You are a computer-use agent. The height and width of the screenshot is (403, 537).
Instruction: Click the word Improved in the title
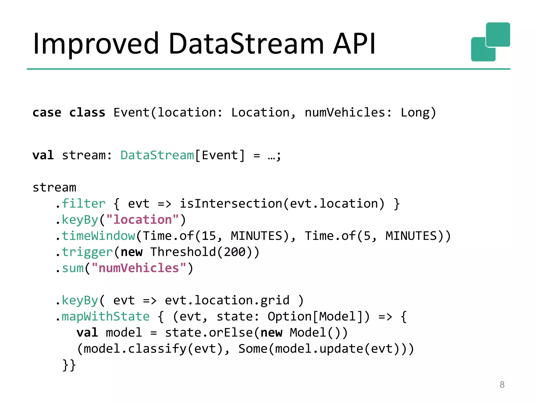click(96, 44)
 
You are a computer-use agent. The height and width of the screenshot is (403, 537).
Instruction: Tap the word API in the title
click(354, 44)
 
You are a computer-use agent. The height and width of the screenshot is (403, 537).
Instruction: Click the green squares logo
click(490, 42)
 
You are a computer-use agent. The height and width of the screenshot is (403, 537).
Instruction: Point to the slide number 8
click(502, 385)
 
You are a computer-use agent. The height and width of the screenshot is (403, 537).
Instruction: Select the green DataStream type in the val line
click(157, 155)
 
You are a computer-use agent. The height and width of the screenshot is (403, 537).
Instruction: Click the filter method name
click(83, 204)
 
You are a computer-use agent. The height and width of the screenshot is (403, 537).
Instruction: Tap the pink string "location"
click(143, 220)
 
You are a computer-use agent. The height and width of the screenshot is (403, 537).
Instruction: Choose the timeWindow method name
click(98, 236)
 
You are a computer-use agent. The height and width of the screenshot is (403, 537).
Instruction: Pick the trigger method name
click(87, 252)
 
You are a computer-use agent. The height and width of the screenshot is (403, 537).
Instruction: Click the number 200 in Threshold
click(234, 252)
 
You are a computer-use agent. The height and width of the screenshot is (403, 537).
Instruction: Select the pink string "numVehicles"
click(139, 268)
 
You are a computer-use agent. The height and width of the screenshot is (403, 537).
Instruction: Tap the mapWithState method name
click(105, 316)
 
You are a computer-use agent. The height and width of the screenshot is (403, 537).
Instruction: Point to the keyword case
click(47, 113)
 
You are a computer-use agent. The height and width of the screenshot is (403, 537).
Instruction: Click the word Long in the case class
click(415, 113)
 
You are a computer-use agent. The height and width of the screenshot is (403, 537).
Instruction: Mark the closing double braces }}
click(69, 365)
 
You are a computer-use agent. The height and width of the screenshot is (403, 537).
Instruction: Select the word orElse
click(231, 333)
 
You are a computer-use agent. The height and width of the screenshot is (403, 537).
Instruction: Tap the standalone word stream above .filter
click(54, 187)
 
